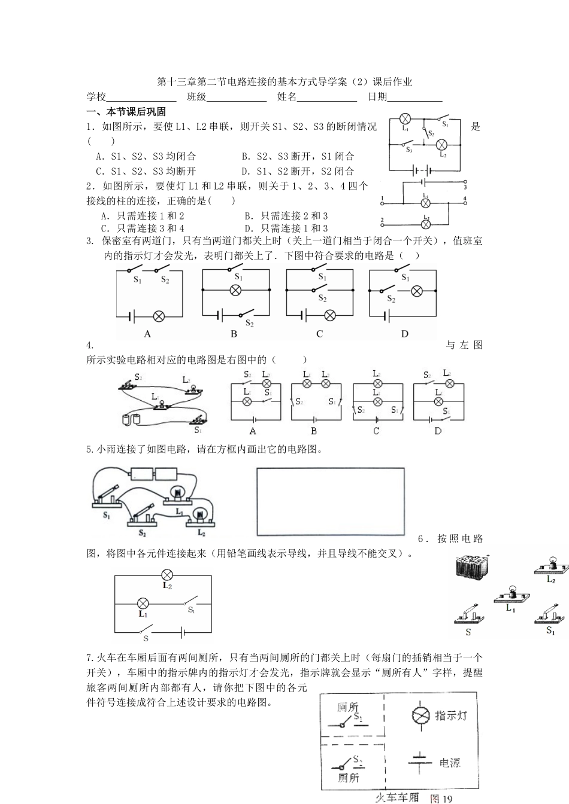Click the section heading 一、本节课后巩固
126,112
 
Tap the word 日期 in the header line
377,97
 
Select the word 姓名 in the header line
287,97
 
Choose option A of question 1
146,157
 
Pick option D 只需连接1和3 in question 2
286,229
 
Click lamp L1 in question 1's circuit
405,118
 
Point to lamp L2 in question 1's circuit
442,144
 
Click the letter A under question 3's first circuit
148,334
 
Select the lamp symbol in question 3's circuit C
329,315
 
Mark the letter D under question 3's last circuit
404,334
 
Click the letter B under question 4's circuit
314,431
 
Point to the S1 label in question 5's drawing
107,515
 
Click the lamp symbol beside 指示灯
420,715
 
